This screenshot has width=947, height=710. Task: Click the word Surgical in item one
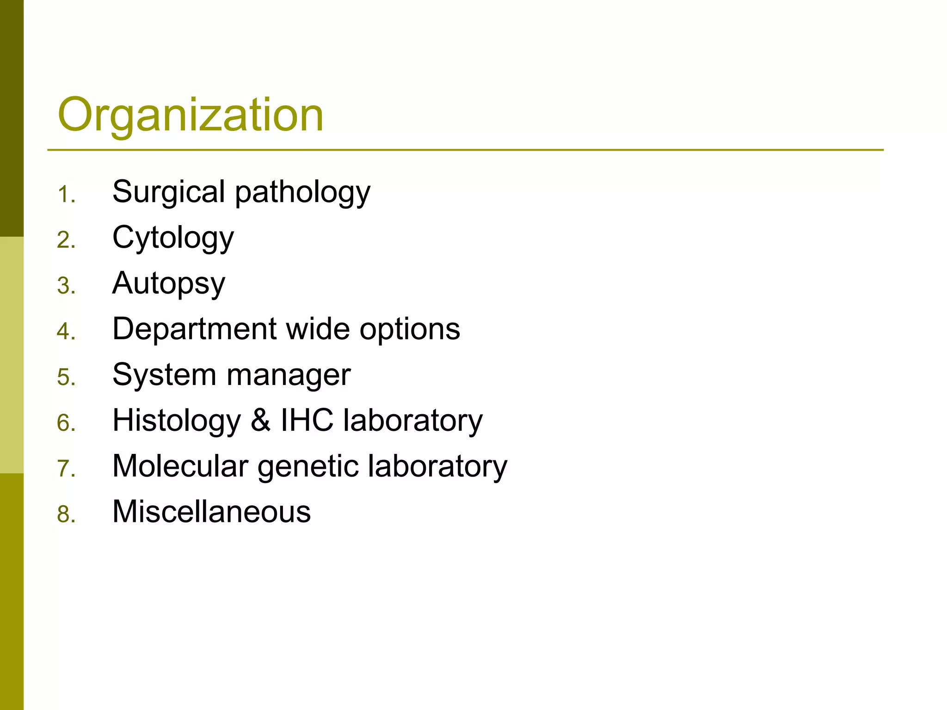pos(168,192)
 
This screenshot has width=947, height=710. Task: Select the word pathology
pos(302,193)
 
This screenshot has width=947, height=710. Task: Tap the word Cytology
pos(173,239)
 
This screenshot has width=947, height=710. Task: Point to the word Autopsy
pos(169,284)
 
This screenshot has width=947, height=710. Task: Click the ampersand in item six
pos(261,420)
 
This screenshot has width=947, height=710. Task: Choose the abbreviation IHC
pos(307,420)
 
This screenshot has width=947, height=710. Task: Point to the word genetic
pos(308,466)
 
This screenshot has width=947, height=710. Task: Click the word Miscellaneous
pos(211,512)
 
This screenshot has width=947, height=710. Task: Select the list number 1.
pos(65,195)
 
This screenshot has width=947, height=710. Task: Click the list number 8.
pos(65,514)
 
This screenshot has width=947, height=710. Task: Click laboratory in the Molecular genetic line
pos(437,466)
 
